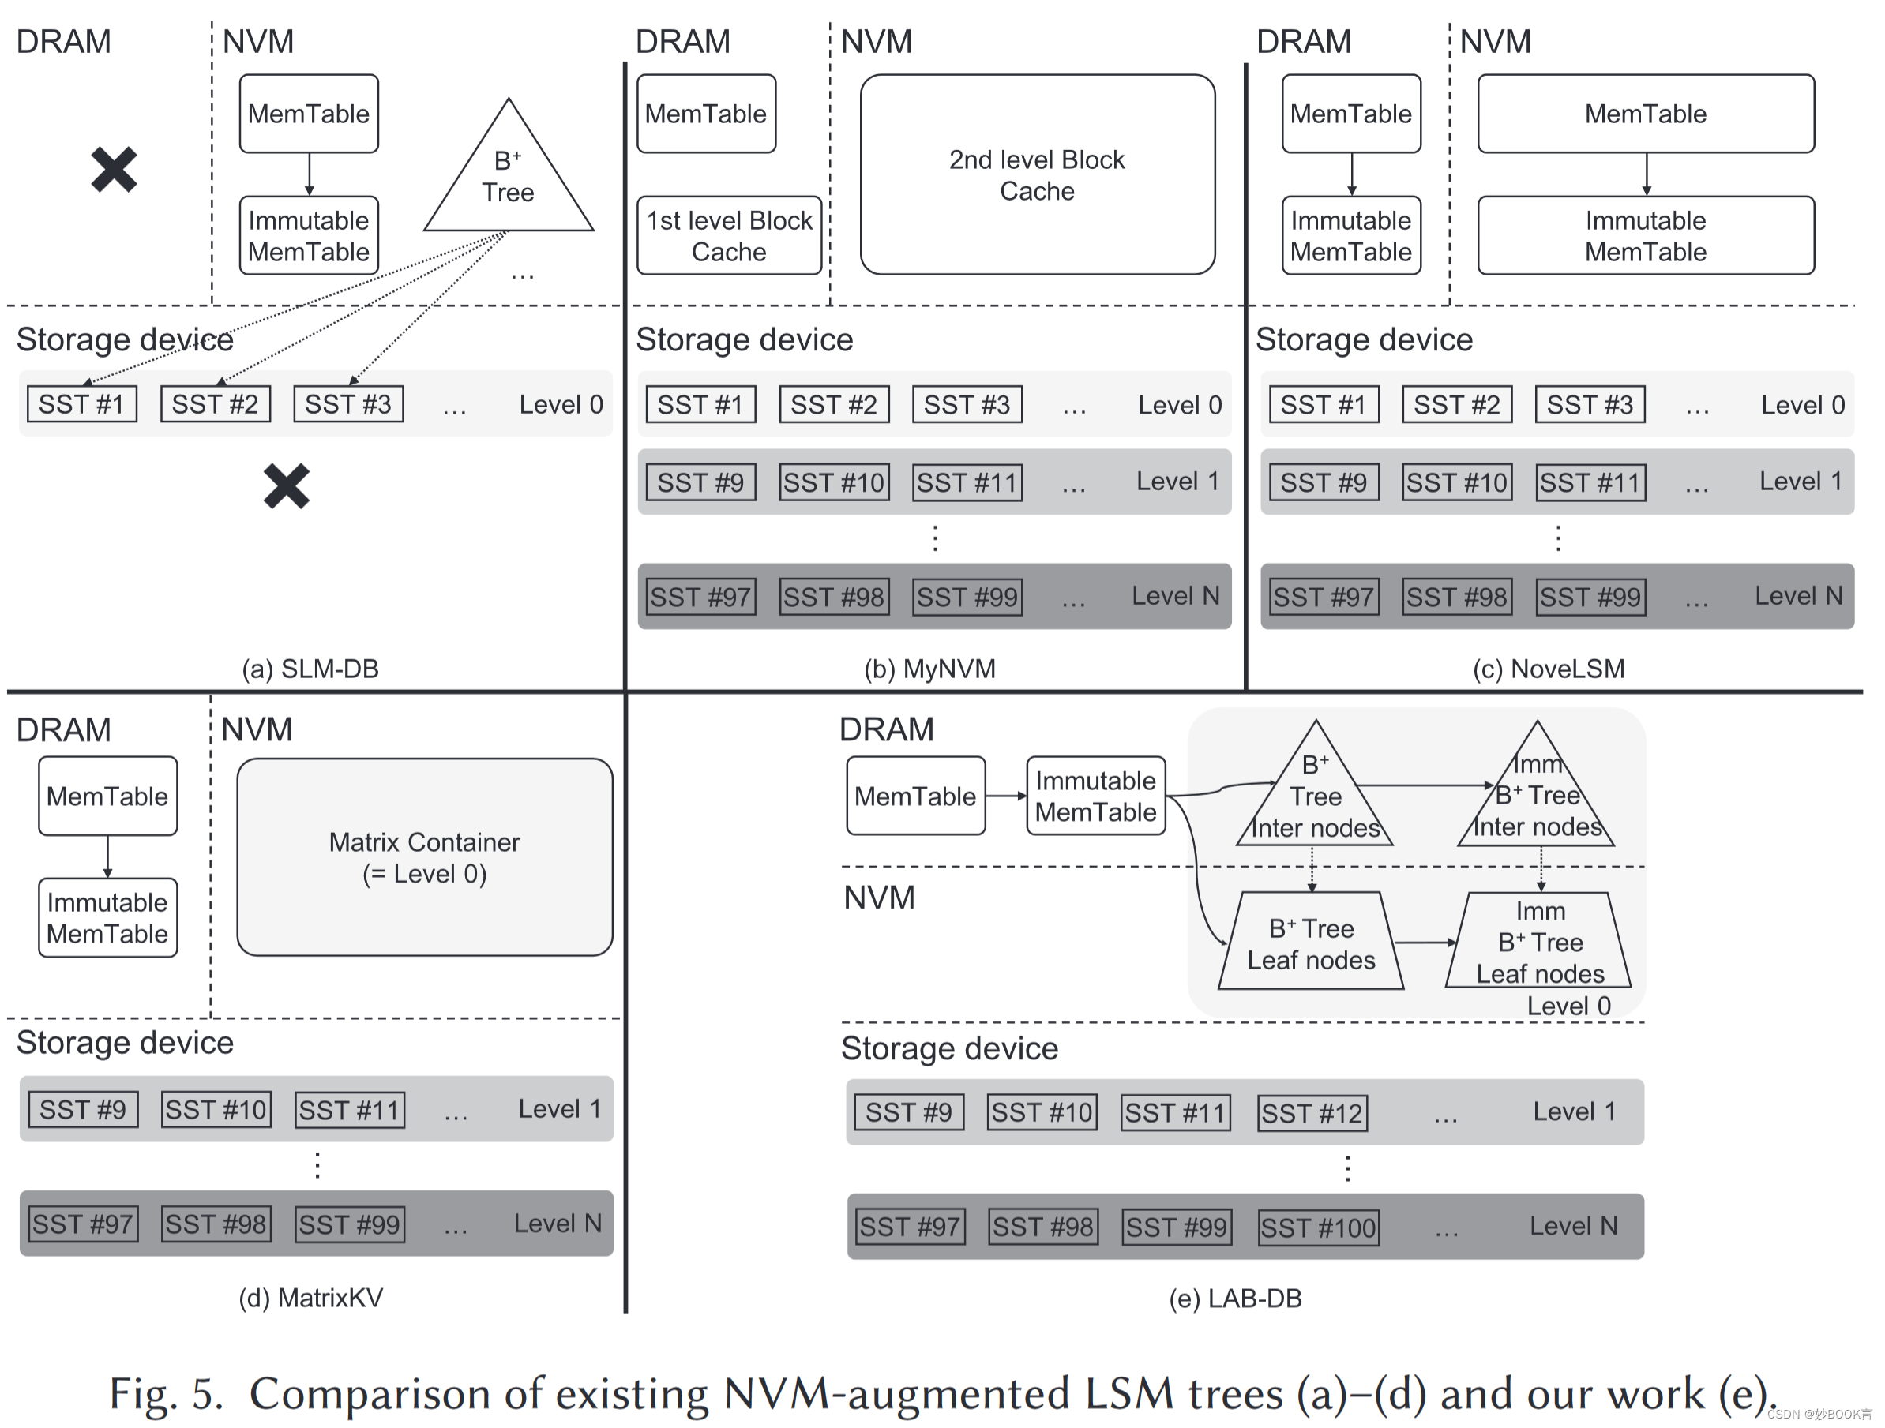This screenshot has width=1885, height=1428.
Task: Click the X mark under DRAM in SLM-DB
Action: (x=114, y=169)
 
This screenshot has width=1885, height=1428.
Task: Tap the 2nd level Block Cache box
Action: (x=1036, y=174)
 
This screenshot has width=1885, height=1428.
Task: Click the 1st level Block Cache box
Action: (x=729, y=236)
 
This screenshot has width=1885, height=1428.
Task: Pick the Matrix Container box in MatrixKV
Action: (x=423, y=856)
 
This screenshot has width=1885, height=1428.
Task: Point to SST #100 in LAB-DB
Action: (x=1317, y=1227)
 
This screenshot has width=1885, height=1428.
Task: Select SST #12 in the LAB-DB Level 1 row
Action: (x=1312, y=1113)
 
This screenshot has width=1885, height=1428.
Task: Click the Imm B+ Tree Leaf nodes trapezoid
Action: (x=1539, y=943)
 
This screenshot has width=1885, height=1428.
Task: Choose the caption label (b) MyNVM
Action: (x=929, y=669)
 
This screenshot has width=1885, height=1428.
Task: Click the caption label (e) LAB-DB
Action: (x=1234, y=1299)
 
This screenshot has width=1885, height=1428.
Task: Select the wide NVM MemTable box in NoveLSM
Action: (x=1645, y=114)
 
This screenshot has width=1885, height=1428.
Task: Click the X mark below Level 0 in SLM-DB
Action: (x=286, y=486)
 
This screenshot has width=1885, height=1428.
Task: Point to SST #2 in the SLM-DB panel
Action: (x=215, y=404)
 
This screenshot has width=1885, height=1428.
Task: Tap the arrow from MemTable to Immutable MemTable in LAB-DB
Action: (x=1005, y=796)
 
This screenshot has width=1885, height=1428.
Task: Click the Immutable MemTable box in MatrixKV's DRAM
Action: (x=107, y=917)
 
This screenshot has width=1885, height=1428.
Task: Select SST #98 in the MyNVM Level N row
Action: (x=833, y=597)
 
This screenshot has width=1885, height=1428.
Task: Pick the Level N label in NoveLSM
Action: (x=1798, y=595)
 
